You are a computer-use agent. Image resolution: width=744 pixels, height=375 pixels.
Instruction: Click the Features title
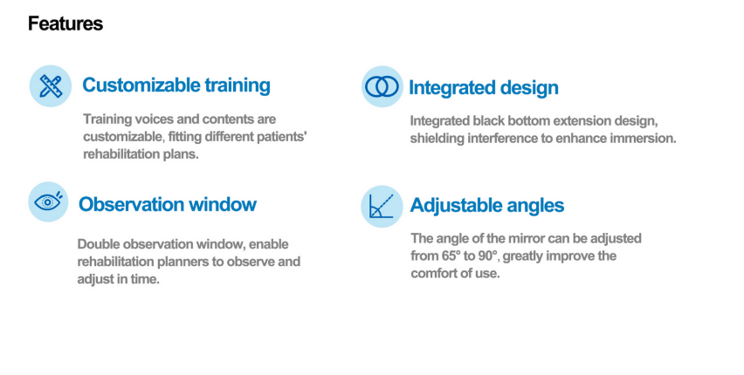(65, 24)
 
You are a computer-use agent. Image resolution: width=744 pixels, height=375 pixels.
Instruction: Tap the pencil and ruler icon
(51, 85)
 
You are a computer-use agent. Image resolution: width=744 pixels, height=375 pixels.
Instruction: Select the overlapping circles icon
(382, 86)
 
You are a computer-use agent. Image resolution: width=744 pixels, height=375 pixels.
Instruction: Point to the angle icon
(382, 206)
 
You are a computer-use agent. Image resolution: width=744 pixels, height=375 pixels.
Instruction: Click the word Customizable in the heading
(141, 85)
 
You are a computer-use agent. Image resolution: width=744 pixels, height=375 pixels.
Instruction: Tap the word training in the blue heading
(238, 85)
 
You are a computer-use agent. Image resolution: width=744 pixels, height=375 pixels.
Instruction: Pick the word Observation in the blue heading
(132, 204)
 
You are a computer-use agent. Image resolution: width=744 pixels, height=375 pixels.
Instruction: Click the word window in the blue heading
(223, 204)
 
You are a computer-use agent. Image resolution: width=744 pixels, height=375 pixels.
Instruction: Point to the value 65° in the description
(451, 256)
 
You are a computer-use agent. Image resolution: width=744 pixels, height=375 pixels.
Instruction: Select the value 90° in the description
(488, 256)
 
